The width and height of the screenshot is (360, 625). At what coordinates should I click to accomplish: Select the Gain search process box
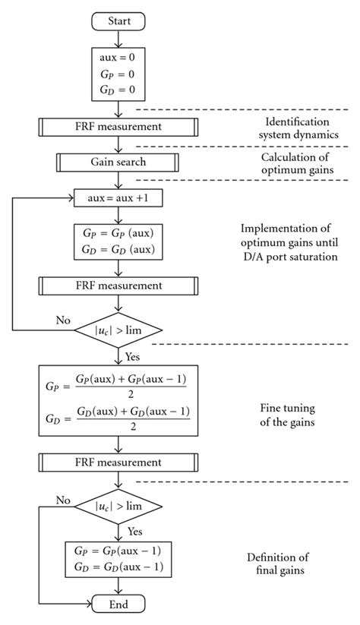click(117, 162)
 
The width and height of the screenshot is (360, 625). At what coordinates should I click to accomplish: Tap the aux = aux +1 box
click(117, 198)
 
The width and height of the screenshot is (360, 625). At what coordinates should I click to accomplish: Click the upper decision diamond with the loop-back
click(117, 330)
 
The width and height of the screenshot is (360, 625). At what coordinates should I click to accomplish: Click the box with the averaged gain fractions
click(117, 400)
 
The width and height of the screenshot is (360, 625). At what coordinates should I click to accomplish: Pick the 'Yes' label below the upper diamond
click(134, 354)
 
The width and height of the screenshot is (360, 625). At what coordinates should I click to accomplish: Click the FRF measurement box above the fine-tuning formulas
click(117, 286)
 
